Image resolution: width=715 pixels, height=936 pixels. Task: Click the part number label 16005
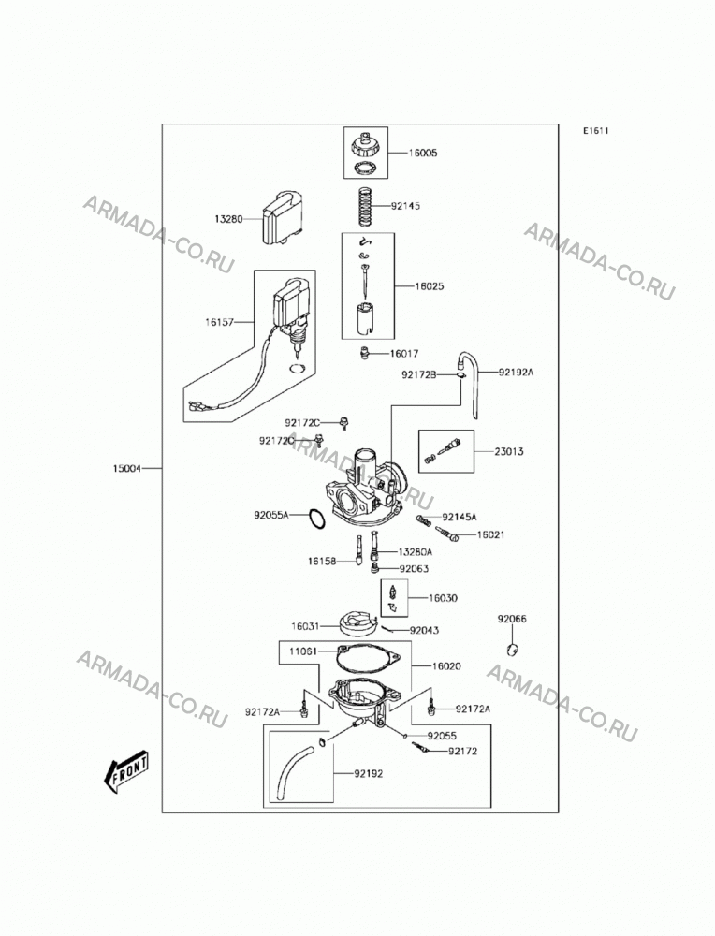[x=423, y=153]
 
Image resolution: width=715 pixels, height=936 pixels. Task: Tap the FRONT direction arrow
[x=126, y=772]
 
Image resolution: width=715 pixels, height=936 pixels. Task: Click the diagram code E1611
[x=595, y=131]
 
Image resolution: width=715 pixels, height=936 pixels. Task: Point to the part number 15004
[x=127, y=469]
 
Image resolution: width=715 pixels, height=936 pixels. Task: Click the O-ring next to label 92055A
[x=317, y=519]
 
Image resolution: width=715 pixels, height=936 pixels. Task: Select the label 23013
[x=508, y=451]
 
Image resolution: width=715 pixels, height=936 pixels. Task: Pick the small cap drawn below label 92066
[x=512, y=649]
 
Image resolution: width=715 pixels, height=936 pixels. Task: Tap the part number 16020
[x=446, y=666]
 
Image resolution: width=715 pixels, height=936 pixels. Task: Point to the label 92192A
[x=517, y=373]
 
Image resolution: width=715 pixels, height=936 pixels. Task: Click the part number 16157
[x=219, y=322]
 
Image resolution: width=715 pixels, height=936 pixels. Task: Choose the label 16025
[x=430, y=286]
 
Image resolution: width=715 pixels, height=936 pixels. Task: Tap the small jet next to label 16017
[x=363, y=354]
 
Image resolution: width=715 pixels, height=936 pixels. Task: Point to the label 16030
[x=443, y=598]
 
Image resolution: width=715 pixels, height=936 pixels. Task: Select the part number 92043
[x=424, y=630]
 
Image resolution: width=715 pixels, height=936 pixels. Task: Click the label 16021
[x=490, y=534]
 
